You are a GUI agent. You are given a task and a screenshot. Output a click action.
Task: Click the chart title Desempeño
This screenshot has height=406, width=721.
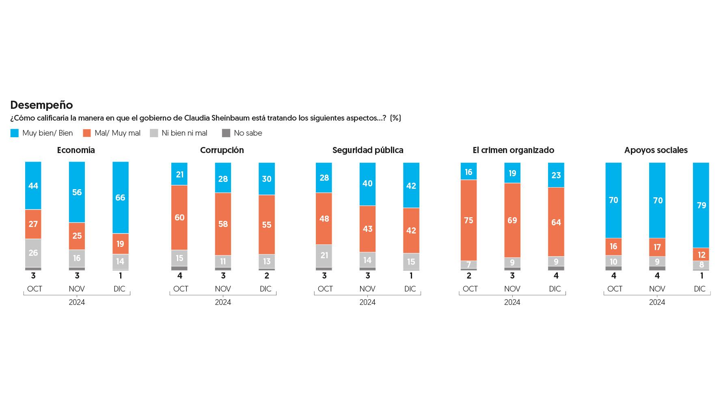coord(41,105)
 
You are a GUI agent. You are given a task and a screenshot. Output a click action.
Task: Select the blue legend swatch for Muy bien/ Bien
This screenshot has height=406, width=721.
coord(15,133)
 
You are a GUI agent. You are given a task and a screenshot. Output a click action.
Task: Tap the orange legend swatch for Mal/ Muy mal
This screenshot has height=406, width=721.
coord(87,133)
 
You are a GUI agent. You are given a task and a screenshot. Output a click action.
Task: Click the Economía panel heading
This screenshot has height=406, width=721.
coord(76,150)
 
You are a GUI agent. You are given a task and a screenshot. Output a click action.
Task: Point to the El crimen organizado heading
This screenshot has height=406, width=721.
coord(513,150)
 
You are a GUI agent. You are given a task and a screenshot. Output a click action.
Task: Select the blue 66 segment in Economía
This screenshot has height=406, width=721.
coord(121,198)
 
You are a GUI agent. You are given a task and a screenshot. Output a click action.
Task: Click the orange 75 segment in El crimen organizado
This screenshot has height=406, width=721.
coord(468,220)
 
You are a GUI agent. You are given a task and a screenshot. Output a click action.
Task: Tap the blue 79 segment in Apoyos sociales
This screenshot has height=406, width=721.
coord(701,205)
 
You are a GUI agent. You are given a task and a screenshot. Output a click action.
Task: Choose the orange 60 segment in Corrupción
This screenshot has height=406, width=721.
coord(179,218)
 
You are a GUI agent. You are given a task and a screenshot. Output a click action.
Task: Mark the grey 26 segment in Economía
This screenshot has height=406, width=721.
coord(33,253)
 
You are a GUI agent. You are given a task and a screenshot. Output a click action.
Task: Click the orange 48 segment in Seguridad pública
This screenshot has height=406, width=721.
coord(324,218)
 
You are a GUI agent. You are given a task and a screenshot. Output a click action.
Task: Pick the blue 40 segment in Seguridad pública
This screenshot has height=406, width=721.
coord(367,184)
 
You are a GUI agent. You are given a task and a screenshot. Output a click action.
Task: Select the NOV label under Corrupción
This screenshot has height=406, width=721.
coord(223,289)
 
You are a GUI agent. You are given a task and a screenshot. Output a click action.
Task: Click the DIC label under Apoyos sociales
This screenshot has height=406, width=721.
coord(700,289)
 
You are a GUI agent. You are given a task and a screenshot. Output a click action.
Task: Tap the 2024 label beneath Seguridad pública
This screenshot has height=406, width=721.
coord(367,302)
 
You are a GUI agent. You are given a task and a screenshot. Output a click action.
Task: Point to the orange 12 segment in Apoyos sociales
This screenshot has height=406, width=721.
coord(701,255)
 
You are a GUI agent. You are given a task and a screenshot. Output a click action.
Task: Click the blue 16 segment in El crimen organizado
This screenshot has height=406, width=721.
coord(468,172)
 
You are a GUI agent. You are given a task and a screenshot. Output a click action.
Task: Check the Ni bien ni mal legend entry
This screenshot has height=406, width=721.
coord(179,133)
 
